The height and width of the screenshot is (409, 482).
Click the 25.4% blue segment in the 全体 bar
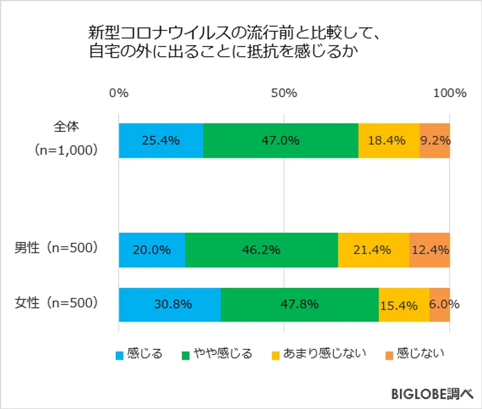[x=161, y=141]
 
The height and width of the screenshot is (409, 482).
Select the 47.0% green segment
[x=281, y=141]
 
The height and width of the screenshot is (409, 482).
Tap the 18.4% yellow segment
[x=388, y=141]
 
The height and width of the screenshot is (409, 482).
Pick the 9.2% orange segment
[x=434, y=141]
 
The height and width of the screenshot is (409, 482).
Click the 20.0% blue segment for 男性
[x=151, y=250]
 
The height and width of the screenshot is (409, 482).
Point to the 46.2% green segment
[x=261, y=250]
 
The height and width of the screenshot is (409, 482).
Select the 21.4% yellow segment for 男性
[x=374, y=250]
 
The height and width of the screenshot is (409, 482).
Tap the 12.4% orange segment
[x=429, y=250]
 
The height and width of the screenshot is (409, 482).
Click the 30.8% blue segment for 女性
[x=169, y=305]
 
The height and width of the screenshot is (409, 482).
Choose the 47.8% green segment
[x=300, y=305]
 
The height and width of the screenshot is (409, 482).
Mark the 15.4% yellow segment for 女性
[x=404, y=305]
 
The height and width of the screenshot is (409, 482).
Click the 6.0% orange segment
[x=440, y=305]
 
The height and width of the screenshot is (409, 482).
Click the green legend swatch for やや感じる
[x=185, y=355]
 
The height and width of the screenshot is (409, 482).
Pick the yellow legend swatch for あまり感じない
[x=275, y=355]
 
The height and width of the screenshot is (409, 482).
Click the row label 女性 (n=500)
[x=57, y=302]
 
